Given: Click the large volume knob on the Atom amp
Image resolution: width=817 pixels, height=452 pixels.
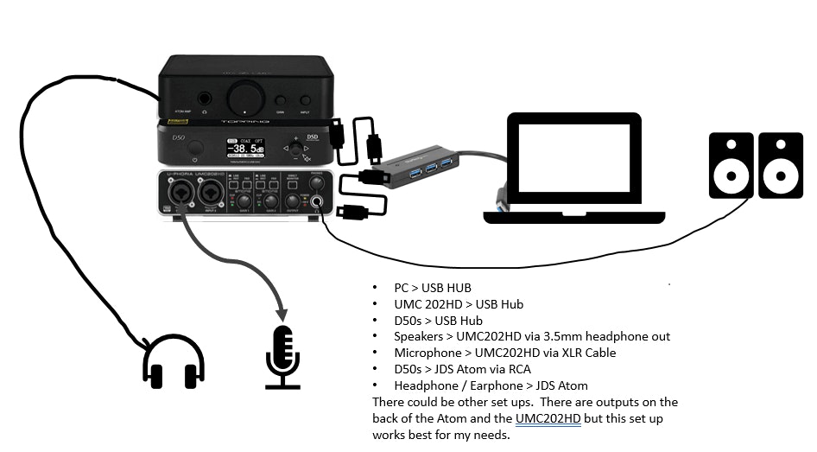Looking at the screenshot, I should (x=244, y=92).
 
